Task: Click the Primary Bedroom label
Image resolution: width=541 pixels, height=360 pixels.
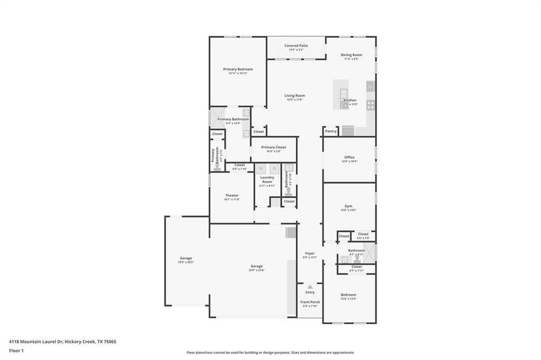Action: tap(238, 69)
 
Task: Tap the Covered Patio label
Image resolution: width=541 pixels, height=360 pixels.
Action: tap(296, 46)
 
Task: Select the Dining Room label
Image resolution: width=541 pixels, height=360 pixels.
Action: tap(351, 55)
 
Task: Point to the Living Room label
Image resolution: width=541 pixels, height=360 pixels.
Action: tap(294, 95)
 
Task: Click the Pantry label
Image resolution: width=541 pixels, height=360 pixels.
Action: tap(330, 131)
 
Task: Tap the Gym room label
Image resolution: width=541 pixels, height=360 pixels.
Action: tap(348, 206)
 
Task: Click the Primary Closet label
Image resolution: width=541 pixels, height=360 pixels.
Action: tap(273, 147)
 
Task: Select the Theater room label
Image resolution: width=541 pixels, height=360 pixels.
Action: tap(232, 195)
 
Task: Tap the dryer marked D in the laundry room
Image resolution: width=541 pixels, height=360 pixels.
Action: tap(274, 169)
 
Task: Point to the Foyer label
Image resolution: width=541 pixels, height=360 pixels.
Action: tap(310, 253)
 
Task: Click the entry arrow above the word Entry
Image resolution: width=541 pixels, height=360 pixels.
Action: tap(310, 287)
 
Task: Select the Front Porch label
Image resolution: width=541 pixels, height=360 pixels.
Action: tap(310, 302)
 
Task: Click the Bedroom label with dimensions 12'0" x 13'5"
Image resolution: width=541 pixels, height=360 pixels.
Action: tap(348, 295)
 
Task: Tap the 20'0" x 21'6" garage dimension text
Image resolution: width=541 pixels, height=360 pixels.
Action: tap(256, 271)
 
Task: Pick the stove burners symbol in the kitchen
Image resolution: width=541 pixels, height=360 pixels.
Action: tap(370, 105)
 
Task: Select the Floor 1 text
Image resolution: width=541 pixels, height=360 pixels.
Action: tap(16, 352)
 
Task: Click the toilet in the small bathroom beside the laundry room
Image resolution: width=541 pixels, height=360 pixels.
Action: tap(289, 191)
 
